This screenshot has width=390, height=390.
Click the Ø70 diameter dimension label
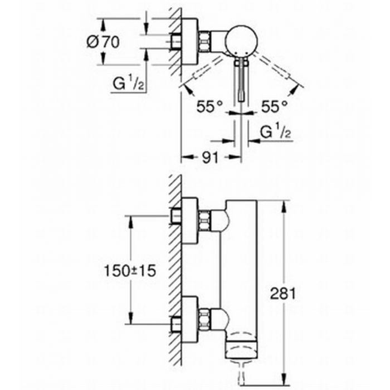[103, 42]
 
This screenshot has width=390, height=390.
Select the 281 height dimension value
[283, 293]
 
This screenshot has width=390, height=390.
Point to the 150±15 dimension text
[130, 271]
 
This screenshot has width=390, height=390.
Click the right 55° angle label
[274, 107]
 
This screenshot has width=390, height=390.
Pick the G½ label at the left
[128, 84]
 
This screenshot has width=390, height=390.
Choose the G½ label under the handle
[275, 133]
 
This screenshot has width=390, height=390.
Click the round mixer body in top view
[241, 41]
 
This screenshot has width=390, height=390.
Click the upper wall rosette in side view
[190, 220]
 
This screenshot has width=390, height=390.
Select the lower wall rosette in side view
[190, 319]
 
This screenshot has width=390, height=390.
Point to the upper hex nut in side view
[204, 220]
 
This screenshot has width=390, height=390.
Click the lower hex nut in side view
[204, 319]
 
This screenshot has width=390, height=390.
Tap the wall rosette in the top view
[190, 41]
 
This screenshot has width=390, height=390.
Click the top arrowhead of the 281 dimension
[283, 207]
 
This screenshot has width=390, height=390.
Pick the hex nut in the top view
[204, 41]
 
